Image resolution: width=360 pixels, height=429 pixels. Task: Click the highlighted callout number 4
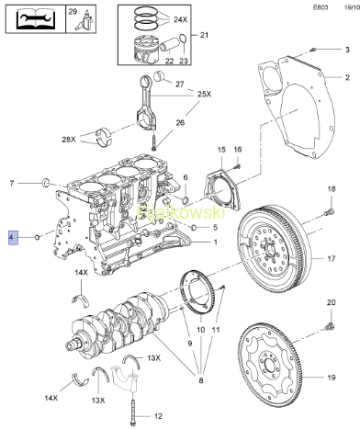pyautogui.click(x=13, y=238)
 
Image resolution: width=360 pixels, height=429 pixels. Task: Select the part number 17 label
pyautogui.click(x=332, y=259)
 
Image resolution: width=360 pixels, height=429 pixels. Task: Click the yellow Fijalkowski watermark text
pyautogui.click(x=181, y=212)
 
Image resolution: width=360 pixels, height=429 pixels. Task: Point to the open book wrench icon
pyautogui.click(x=36, y=18)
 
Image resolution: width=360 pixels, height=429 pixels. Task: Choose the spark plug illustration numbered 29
pyautogui.click(x=84, y=21)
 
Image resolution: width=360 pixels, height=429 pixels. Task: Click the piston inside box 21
pyautogui.click(x=145, y=50)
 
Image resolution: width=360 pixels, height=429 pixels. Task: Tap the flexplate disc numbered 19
pyautogui.click(x=270, y=361)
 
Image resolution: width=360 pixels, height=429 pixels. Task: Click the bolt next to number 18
pyautogui.click(x=331, y=211)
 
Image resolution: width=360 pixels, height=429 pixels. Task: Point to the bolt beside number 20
pyautogui.click(x=330, y=326)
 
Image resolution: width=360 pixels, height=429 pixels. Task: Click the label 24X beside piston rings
pyautogui.click(x=181, y=20)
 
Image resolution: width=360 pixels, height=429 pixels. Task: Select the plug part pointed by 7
pyautogui.click(x=46, y=183)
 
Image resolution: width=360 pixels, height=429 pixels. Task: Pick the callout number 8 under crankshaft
pyautogui.click(x=201, y=380)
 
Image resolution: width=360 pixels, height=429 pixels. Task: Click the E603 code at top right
pyautogui.click(x=321, y=7)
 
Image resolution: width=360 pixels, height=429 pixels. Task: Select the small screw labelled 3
pyautogui.click(x=312, y=50)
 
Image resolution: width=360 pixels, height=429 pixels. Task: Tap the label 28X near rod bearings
pyautogui.click(x=69, y=140)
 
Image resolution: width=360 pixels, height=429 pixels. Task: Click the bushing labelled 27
pyautogui.click(x=160, y=76)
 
